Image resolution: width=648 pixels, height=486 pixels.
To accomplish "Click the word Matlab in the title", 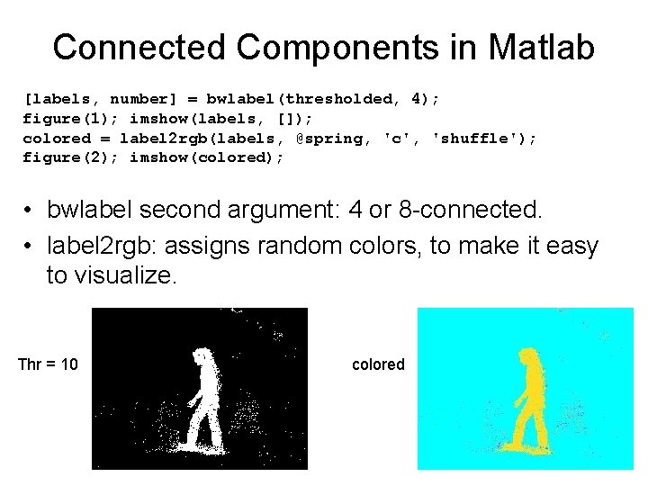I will pyautogui.click(x=543, y=47).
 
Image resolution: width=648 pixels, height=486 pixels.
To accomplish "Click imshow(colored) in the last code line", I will pyautogui.click(x=207, y=157).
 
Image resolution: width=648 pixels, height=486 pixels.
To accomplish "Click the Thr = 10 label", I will pyautogui.click(x=48, y=364).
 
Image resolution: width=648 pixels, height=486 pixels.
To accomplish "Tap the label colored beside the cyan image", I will pyautogui.click(x=378, y=364).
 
